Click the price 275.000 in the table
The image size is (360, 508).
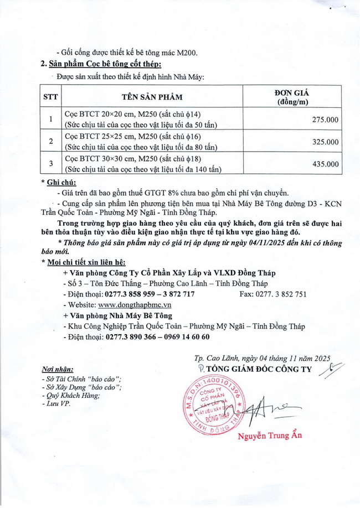coord(325,120)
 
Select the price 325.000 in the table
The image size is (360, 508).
coord(325,142)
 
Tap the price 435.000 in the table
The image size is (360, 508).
coord(325,164)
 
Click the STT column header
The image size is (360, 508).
coord(51,97)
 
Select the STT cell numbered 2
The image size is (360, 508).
coord(51,142)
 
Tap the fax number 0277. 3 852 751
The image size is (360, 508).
coord(273,294)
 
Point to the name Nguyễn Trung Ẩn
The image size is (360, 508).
coord(270,436)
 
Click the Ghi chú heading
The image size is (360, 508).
coord(62,182)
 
